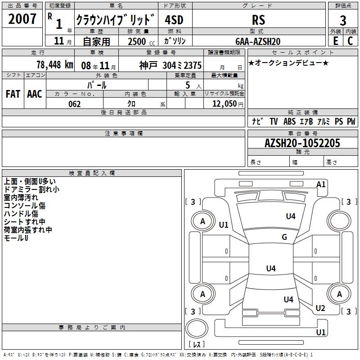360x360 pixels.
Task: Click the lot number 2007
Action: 22,19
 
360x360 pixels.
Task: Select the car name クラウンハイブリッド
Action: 115,20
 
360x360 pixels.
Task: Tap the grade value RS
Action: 258,20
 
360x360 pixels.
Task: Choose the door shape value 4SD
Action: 175,20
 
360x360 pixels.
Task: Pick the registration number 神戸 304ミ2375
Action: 171,65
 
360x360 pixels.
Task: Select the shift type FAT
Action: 13,94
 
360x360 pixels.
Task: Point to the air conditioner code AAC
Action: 34,94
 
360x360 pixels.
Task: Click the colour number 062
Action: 74,104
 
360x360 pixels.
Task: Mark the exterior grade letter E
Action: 335,41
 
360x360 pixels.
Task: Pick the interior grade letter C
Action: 350,41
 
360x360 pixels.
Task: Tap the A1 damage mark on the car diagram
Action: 321,184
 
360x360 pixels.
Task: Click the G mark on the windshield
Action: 284,237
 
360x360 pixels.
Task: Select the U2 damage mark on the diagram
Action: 320,308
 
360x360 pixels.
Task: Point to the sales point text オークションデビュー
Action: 288,63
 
